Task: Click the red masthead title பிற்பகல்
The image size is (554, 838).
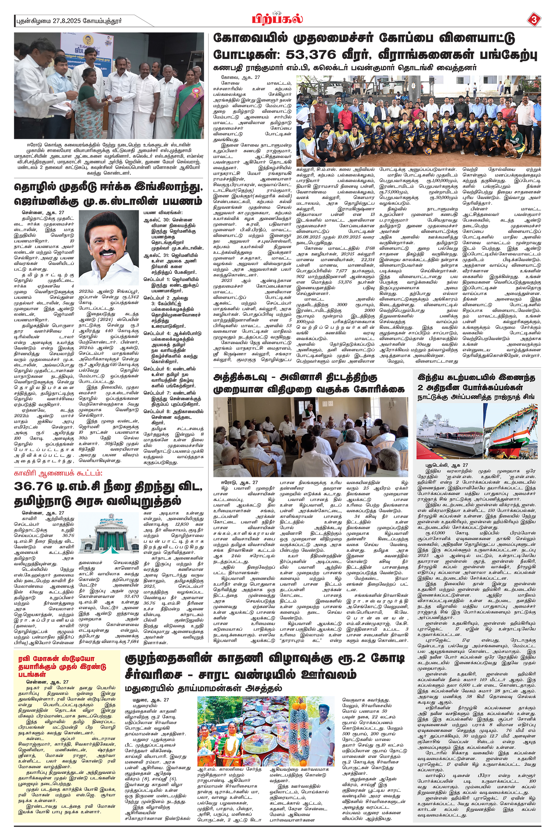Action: click(x=277, y=18)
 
